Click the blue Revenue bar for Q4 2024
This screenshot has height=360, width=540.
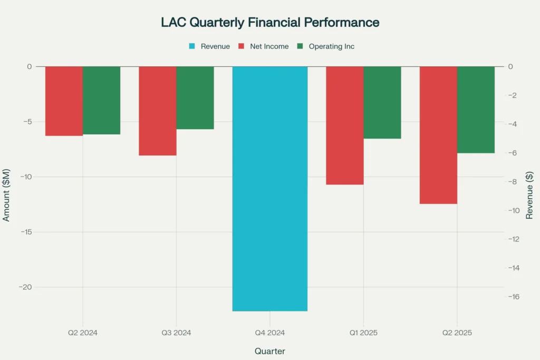coord(270,189)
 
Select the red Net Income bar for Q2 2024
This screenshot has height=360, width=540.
coord(64,101)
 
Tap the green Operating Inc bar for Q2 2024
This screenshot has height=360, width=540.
coord(101,100)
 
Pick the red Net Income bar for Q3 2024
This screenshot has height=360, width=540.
coord(157,111)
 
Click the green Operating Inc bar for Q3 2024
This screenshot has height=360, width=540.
coord(195,98)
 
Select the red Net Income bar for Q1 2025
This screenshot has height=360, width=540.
coord(344,125)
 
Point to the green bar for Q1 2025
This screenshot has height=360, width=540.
coord(382,102)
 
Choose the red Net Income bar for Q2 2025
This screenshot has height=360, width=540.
coord(438,135)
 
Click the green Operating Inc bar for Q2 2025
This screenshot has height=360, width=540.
coord(475,110)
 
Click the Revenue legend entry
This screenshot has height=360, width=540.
coord(210,46)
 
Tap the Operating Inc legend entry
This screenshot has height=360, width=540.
coord(326,46)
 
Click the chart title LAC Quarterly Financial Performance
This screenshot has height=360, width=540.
coord(270,23)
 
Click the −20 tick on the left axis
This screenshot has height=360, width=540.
coord(24,287)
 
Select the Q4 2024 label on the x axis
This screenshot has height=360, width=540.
coord(270,333)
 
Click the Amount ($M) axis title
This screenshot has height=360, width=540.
coord(7,196)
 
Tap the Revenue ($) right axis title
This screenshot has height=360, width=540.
coord(529,195)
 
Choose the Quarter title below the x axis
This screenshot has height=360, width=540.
coord(270,351)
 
